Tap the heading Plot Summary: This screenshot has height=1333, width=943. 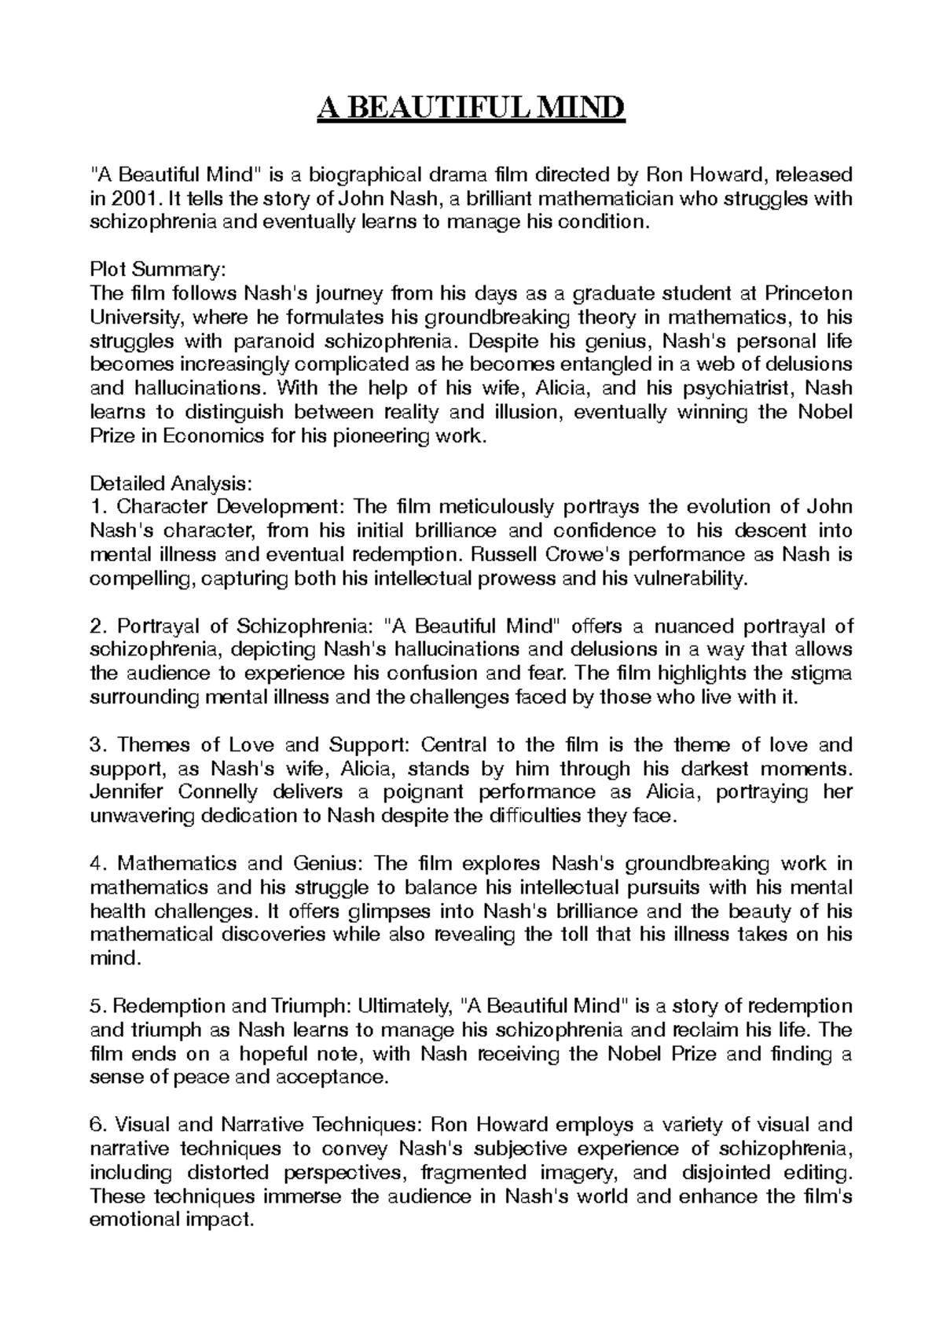coord(158,270)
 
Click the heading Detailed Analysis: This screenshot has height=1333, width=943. coord(172,483)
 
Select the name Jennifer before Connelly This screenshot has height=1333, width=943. coord(130,792)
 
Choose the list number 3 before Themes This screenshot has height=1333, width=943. coord(97,745)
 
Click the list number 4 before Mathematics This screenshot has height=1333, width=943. coord(97,864)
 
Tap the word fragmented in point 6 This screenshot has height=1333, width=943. coord(474,1173)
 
